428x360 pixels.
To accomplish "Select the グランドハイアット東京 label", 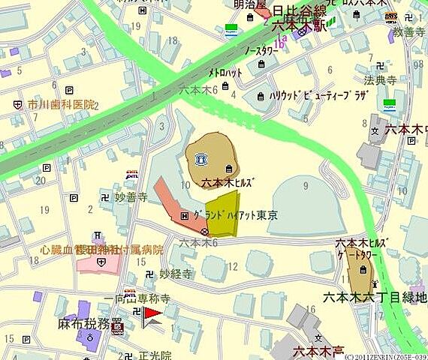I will point(237,215).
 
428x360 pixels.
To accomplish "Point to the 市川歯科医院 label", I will point(62,104).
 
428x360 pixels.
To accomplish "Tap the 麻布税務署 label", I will point(84,325).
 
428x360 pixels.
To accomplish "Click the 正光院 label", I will point(155,355).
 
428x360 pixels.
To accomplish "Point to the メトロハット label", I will point(226,73).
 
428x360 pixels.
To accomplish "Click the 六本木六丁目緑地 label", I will point(374,297).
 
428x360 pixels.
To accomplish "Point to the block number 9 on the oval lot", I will point(306,184).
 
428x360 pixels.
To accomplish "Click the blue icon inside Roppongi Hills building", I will point(201,158).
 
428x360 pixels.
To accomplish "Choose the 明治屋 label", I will point(251,4).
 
